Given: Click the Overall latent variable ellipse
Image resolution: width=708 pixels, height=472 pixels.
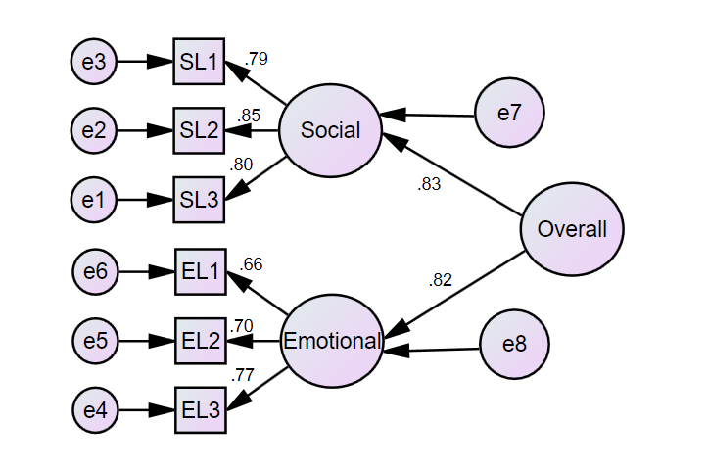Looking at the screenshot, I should (x=572, y=229).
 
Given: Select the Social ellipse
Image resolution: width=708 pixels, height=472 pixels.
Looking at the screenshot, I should (x=330, y=130).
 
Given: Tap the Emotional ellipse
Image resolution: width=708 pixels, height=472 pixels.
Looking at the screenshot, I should (x=332, y=341).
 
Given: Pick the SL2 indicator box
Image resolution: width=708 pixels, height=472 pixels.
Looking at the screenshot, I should (x=199, y=131).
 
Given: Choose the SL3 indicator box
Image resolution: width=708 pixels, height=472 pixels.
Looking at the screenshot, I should (x=199, y=200).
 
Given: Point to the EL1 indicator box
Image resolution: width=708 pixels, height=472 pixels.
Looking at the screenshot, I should (x=201, y=271).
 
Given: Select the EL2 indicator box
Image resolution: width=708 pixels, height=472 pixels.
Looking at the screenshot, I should (x=201, y=342).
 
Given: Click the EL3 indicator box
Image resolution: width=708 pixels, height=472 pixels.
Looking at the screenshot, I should (x=201, y=411).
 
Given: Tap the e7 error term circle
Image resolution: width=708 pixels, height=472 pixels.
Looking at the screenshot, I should (x=509, y=114).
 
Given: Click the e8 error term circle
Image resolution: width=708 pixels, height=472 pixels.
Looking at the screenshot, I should (x=515, y=345).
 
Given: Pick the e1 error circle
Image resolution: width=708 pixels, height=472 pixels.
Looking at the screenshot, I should (x=94, y=200).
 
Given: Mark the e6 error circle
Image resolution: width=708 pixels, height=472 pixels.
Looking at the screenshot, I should (x=95, y=271).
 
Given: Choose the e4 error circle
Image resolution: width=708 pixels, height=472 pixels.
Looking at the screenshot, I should (x=95, y=411).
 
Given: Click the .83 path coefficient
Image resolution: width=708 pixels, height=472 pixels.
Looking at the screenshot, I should (x=429, y=185).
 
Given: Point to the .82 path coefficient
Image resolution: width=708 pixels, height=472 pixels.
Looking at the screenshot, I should (x=441, y=280).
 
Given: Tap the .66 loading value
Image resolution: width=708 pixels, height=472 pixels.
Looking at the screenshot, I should (x=251, y=263).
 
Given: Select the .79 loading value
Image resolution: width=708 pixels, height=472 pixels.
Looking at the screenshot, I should (x=256, y=58).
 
